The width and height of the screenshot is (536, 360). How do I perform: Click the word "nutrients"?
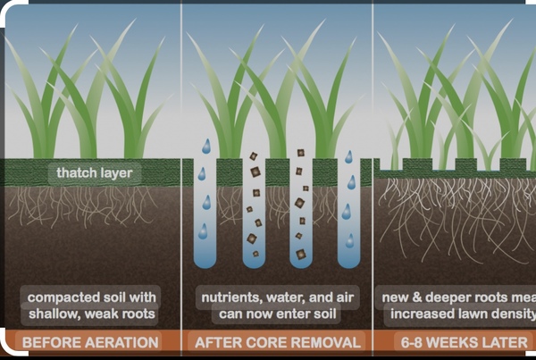point(228,297)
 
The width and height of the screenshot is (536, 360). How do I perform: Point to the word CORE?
point(266,343)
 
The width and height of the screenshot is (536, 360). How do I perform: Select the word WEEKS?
point(460,343)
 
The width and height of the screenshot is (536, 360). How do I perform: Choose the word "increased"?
point(422,314)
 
